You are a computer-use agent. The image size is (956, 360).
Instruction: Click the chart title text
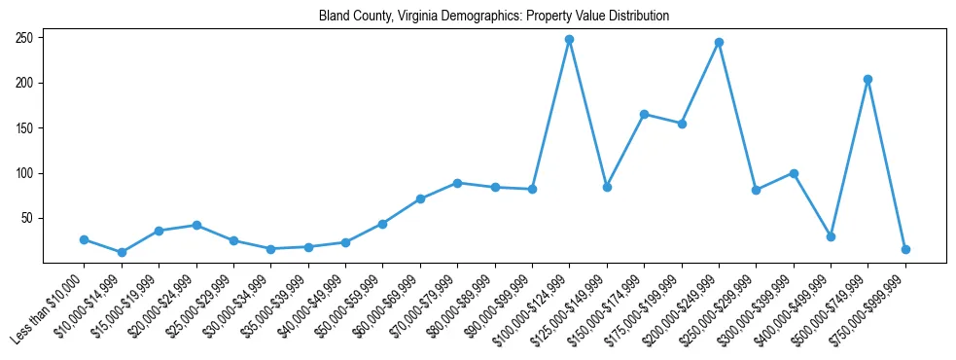point(494,17)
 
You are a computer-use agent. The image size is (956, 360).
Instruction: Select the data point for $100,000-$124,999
point(569,40)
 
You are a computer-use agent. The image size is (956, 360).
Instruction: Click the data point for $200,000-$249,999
point(719,43)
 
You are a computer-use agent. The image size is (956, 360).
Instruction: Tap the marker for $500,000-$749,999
point(867,80)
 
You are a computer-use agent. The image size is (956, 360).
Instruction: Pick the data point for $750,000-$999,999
point(905,249)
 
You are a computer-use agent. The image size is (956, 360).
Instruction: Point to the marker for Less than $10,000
point(85,239)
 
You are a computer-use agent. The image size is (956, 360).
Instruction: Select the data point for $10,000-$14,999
point(122,252)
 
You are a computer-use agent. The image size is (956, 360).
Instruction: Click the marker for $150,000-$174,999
point(644,115)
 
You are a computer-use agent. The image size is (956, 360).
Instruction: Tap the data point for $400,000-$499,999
point(831,236)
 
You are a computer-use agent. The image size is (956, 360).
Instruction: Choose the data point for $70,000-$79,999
point(457,183)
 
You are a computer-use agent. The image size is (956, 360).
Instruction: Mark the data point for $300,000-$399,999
point(794,173)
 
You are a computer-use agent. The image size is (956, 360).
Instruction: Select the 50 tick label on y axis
point(29,219)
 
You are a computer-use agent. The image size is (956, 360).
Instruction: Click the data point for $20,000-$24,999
point(196,225)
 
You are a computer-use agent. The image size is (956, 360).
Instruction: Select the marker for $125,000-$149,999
point(607,187)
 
